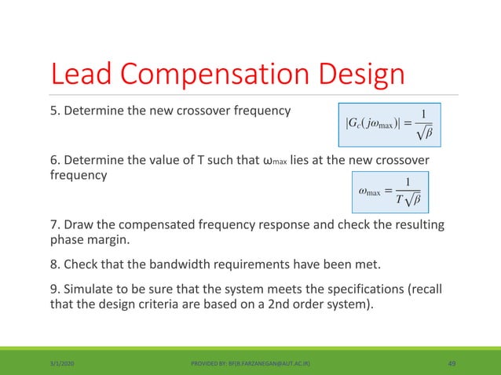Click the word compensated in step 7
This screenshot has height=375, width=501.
152,226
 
